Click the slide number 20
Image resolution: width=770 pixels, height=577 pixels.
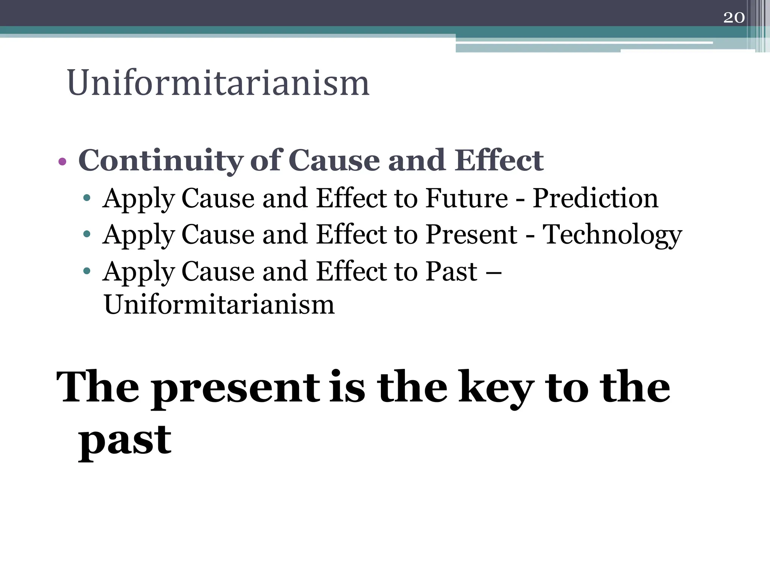pos(734,17)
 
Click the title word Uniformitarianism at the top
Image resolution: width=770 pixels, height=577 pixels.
pos(218,83)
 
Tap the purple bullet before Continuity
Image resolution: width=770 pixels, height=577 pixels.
pos(62,162)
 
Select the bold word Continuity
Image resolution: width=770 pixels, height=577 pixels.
pos(161,161)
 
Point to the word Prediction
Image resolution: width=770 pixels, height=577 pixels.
pos(595,198)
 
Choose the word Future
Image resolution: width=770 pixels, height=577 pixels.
pos(467,198)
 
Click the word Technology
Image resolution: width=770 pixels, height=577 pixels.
pos(612,235)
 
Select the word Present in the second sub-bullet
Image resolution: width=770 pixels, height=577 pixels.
pos(471,234)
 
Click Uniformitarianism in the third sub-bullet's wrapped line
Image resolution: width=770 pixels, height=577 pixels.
pos(219,304)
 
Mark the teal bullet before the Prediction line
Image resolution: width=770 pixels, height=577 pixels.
pos(87,198)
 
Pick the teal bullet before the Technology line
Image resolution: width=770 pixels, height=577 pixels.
pos(87,234)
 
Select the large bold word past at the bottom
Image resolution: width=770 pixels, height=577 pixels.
pos(125,440)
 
